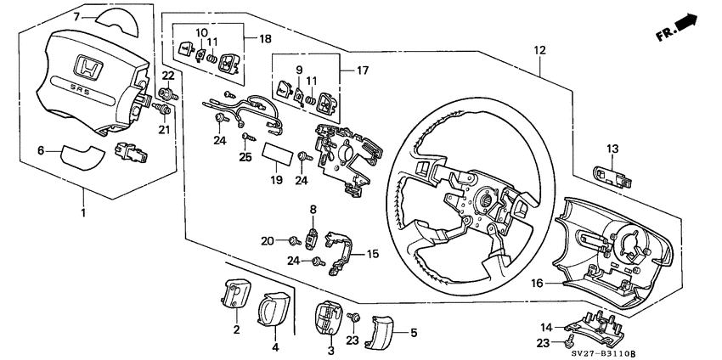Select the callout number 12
pos(539,52)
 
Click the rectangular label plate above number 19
pos(276,155)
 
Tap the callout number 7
pos(76,16)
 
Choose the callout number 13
pos(612,149)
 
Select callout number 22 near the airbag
pos(167,77)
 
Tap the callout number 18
pos(265,40)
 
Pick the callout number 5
pos(414,333)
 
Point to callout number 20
pos(267,240)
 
